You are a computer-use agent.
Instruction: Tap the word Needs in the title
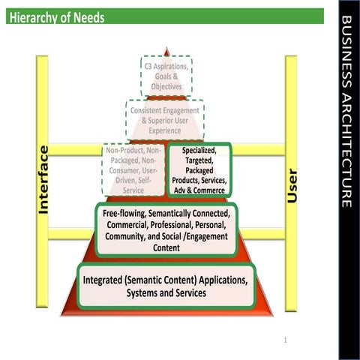89,17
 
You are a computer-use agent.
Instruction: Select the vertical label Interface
43,180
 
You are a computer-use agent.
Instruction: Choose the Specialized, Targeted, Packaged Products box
198,170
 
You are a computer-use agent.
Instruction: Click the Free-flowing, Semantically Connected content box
166,230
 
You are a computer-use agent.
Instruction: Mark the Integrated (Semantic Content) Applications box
166,286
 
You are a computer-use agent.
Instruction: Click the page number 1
286,340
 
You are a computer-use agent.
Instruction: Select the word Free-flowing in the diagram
123,214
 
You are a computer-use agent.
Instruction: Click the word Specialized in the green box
199,150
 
